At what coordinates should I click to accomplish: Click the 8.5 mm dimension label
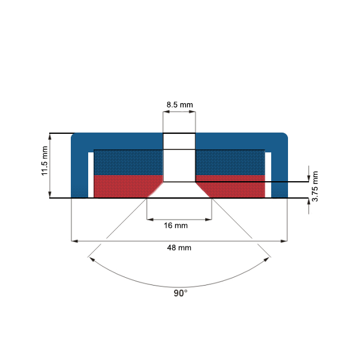click(x=179, y=105)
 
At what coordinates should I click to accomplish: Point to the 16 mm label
click(x=179, y=226)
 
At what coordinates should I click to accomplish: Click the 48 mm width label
click(x=179, y=247)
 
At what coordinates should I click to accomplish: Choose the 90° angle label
click(x=180, y=293)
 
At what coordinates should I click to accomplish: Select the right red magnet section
click(x=234, y=186)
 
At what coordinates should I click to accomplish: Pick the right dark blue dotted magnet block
click(x=230, y=162)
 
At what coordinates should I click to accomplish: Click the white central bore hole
click(x=179, y=159)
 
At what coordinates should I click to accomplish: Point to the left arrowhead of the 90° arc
click(x=91, y=259)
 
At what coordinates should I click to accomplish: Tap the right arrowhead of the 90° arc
click(x=268, y=259)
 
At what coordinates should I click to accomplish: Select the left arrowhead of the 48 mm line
click(x=74, y=241)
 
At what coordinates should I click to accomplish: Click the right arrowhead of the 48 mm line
click(x=284, y=241)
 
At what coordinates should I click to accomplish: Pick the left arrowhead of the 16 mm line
click(x=150, y=218)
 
